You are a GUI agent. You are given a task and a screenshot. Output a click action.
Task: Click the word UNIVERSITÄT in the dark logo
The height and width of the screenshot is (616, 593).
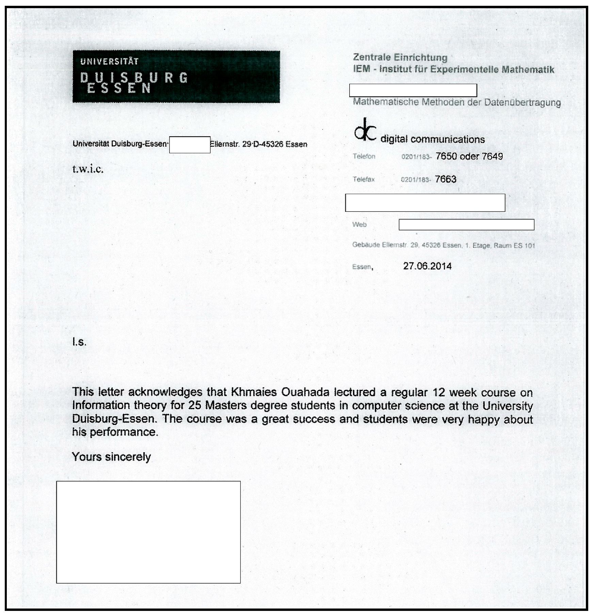pyautogui.click(x=109, y=62)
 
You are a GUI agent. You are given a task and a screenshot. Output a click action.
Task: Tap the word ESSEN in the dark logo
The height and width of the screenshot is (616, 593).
pyautogui.click(x=119, y=89)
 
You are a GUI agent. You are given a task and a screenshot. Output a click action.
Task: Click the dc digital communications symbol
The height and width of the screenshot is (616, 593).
pyautogui.click(x=365, y=129)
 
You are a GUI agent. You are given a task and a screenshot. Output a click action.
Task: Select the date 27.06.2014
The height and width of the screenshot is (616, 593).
pyautogui.click(x=427, y=266)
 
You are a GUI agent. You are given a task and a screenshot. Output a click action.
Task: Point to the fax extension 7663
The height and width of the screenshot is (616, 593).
pyautogui.click(x=445, y=179)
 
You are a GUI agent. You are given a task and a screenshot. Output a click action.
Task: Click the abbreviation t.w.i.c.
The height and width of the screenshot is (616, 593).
pyautogui.click(x=88, y=169)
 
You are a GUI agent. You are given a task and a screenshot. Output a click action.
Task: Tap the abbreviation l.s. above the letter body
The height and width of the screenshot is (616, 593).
pyautogui.click(x=79, y=342)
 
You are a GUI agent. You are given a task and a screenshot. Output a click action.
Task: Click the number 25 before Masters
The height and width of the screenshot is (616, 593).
pyautogui.click(x=194, y=406)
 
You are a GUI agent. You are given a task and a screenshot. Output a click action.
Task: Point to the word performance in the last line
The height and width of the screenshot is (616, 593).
pyautogui.click(x=124, y=432)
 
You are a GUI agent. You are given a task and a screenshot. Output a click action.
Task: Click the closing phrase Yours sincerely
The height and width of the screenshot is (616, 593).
pyautogui.click(x=111, y=457)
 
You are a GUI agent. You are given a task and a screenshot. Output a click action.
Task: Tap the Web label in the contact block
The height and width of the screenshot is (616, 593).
pyautogui.click(x=359, y=225)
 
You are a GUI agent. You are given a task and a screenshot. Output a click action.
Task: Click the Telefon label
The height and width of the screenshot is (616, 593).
pyautogui.click(x=364, y=157)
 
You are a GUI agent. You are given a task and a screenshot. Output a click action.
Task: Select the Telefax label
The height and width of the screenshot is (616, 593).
pyautogui.click(x=364, y=179)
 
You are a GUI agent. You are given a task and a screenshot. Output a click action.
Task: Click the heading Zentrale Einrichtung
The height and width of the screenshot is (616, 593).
pyautogui.click(x=400, y=58)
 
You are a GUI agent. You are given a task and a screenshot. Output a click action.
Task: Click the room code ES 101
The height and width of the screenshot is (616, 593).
pyautogui.click(x=524, y=246)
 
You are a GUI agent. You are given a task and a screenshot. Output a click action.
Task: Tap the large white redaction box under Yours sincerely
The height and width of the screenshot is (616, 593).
pyautogui.click(x=148, y=532)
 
